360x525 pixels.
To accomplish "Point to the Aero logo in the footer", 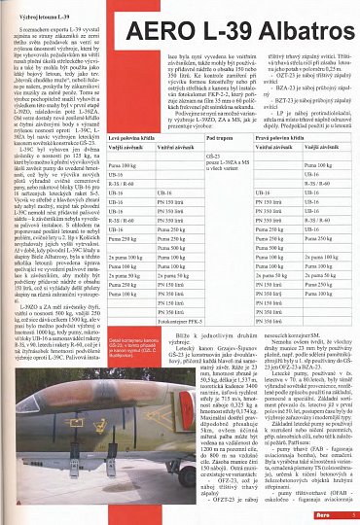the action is [x=330, y=515].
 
